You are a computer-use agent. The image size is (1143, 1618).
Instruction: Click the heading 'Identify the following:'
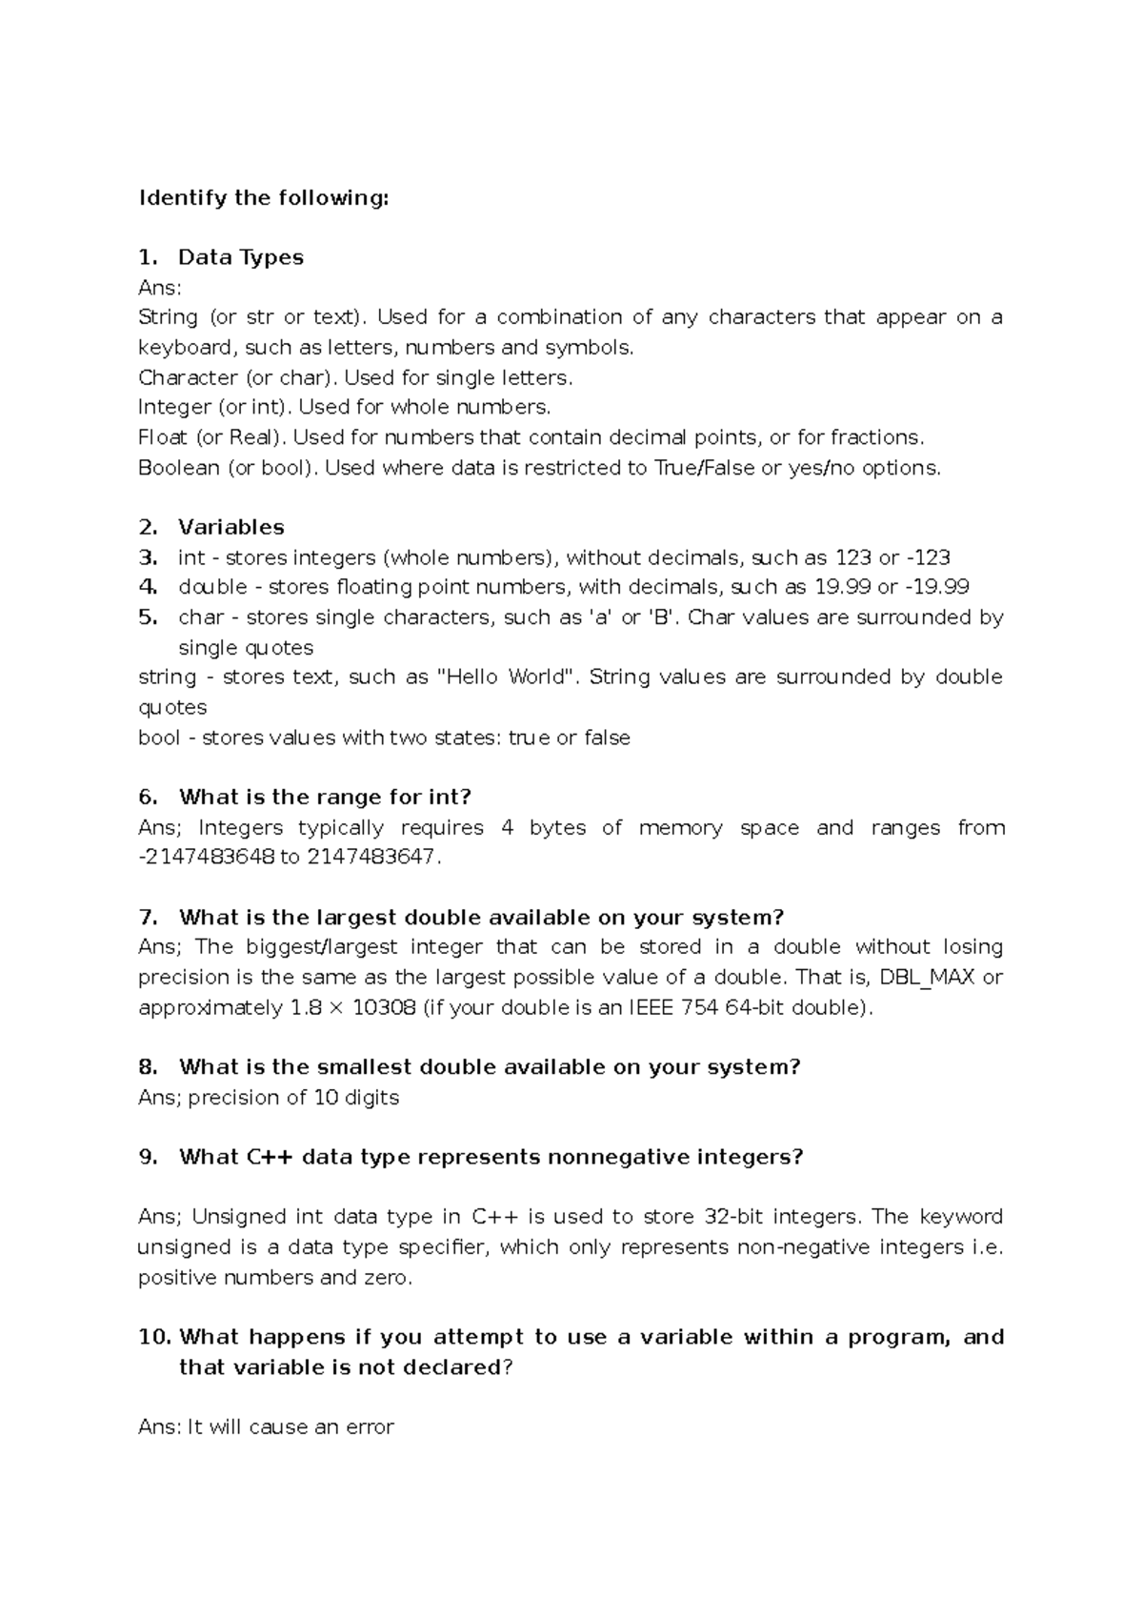pyautogui.click(x=264, y=198)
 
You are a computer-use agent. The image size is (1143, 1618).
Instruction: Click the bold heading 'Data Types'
pyautogui.click(x=240, y=257)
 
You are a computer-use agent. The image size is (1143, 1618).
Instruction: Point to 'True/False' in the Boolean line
pyautogui.click(x=704, y=468)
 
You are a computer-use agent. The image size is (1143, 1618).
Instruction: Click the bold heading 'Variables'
pyautogui.click(x=231, y=527)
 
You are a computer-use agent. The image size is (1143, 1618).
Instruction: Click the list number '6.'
pyautogui.click(x=148, y=797)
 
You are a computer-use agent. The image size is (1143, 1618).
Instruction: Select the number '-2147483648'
pyautogui.click(x=206, y=857)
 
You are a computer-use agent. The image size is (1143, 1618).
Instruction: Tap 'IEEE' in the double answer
pyautogui.click(x=650, y=1008)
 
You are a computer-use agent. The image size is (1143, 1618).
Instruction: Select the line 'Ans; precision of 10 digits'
pyautogui.click(x=269, y=1098)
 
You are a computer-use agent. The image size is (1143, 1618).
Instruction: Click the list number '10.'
pyautogui.click(x=153, y=1337)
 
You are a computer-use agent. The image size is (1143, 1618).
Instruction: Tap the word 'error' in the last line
pyautogui.click(x=371, y=1427)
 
